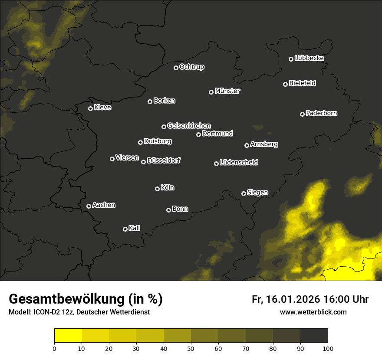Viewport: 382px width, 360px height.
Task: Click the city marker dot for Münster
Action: tap(211, 92)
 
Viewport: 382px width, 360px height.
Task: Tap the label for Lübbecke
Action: tap(309, 58)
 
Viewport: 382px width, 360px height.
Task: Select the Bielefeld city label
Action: tap(302, 83)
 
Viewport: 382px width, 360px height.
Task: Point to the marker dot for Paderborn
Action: tap(303, 114)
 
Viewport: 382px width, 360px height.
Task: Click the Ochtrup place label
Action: tap(191, 67)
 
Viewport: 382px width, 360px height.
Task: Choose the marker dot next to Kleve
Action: tap(91, 108)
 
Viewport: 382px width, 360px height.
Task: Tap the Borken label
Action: tap(164, 101)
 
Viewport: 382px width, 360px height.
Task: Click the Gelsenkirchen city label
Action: tap(189, 126)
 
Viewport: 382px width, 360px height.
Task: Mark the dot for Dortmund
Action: tap(199, 134)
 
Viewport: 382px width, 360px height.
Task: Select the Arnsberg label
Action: tap(264, 144)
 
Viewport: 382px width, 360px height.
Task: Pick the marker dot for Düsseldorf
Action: tap(144, 162)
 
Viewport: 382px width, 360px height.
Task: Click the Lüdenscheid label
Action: tap(239, 162)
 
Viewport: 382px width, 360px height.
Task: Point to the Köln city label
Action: tap(168, 188)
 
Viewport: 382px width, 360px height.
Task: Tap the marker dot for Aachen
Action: tap(89, 206)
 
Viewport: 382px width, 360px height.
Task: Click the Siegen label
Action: tap(257, 193)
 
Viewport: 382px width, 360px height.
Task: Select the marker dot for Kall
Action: tap(125, 229)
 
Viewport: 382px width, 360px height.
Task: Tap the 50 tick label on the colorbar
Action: tap(191, 348)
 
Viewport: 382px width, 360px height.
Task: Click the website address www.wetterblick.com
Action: tap(313, 312)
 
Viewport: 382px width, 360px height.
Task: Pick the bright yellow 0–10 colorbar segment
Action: tap(68, 335)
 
